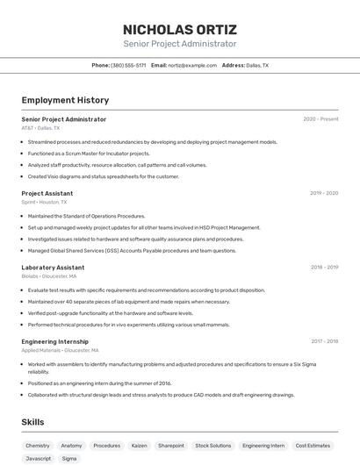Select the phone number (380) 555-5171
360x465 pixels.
[128, 65]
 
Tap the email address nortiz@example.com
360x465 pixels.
[192, 65]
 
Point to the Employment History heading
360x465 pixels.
[65, 100]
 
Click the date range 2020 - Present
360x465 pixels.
[320, 118]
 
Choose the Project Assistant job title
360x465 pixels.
[47, 193]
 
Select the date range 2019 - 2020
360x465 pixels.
[324, 193]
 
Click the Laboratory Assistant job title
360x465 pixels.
[53, 267]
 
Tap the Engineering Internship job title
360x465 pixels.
[56, 341]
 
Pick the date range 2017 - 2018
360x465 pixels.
[324, 341]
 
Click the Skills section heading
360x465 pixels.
[32, 422]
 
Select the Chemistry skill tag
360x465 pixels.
[38, 446]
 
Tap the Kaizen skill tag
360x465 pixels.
[139, 446]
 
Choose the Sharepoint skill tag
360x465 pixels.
[171, 446]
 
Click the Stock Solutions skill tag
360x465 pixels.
[213, 446]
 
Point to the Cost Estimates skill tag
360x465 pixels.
[313, 446]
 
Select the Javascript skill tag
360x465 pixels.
[39, 458]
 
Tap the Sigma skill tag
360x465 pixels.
[69, 458]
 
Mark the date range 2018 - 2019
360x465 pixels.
[324, 267]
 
